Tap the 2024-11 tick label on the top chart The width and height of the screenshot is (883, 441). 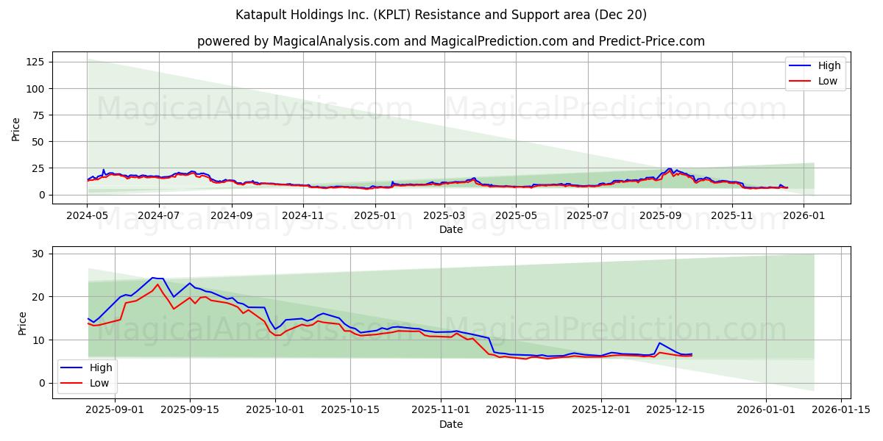click(304, 216)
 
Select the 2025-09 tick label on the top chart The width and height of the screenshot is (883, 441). click(660, 216)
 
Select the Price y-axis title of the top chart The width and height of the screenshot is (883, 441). click(16, 129)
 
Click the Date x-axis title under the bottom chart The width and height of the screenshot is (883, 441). click(450, 424)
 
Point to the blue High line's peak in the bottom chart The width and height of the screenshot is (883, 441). click(153, 278)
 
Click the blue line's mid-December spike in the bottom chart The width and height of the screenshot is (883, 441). click(659, 343)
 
